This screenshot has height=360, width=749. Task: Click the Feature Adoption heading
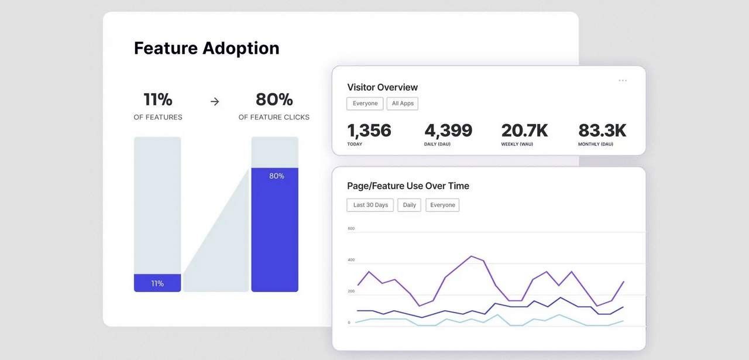pyautogui.click(x=207, y=48)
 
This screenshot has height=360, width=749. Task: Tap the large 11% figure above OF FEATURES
pyautogui.click(x=157, y=100)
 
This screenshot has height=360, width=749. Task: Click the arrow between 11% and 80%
pyautogui.click(x=215, y=101)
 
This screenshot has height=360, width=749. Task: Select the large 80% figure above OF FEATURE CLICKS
pyautogui.click(x=274, y=100)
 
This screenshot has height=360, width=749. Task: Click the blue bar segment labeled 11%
pyautogui.click(x=157, y=283)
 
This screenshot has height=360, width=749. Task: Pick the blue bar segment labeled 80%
pyautogui.click(x=274, y=229)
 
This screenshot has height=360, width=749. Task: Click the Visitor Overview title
pyautogui.click(x=382, y=87)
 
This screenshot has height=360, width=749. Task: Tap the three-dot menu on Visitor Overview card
pyautogui.click(x=623, y=81)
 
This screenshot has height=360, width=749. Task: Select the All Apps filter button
pyautogui.click(x=403, y=104)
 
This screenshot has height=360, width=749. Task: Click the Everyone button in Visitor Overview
pyautogui.click(x=365, y=104)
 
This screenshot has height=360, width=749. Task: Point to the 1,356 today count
pyautogui.click(x=369, y=131)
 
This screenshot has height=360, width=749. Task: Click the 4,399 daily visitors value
pyautogui.click(x=448, y=131)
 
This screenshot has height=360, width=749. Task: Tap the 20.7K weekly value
pyautogui.click(x=524, y=131)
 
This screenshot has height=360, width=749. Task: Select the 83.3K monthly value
pyautogui.click(x=602, y=131)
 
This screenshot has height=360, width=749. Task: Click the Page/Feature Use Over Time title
pyautogui.click(x=408, y=186)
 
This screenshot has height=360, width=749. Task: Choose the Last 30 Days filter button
pyautogui.click(x=370, y=205)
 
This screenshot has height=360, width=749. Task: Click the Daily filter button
pyautogui.click(x=409, y=205)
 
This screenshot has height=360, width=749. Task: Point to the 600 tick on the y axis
pyautogui.click(x=351, y=228)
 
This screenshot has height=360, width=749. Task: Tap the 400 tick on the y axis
pyautogui.click(x=351, y=260)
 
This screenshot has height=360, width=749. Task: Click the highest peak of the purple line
pyautogui.click(x=472, y=256)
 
